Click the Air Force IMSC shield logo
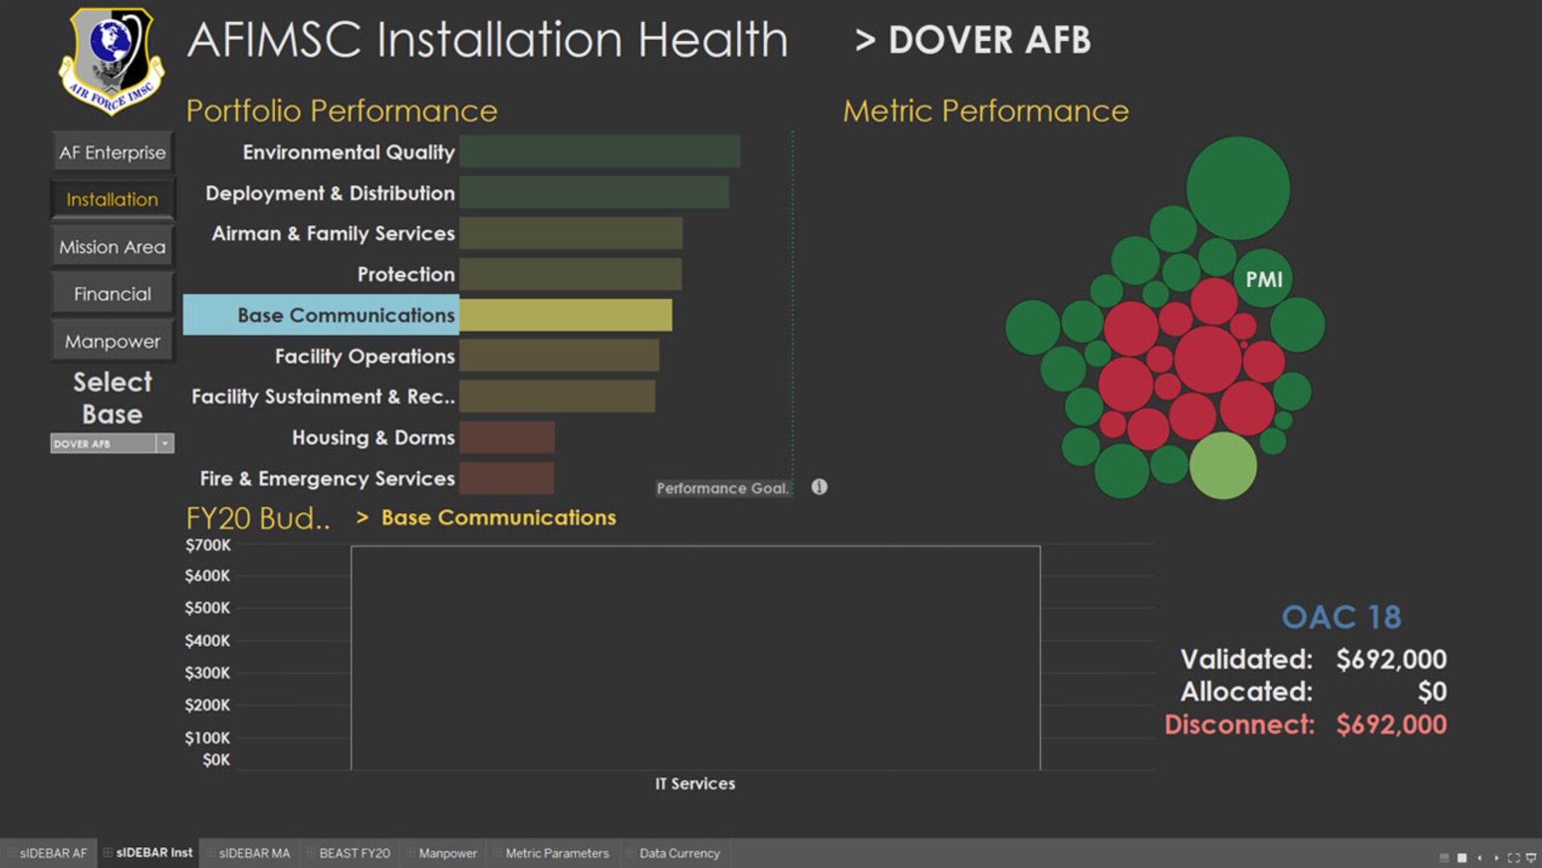pos(111,61)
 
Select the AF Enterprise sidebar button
pos(112,152)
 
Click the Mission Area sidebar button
pos(112,247)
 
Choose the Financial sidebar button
pos(112,294)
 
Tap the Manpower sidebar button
pos(112,342)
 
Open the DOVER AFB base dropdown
pos(164,444)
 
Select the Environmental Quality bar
pos(599,152)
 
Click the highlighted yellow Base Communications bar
pos(566,315)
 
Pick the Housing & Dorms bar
pos(506,437)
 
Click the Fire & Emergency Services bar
pos(506,478)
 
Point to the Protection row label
pos(406,274)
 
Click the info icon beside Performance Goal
pos(819,487)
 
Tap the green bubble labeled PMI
pos(1263,279)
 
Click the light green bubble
pos(1222,465)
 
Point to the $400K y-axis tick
pos(207,641)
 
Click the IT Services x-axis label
pos(694,784)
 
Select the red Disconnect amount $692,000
pos(1391,724)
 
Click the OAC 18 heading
pos(1341,617)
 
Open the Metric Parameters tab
pos(556,853)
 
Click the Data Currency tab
pos(679,853)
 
